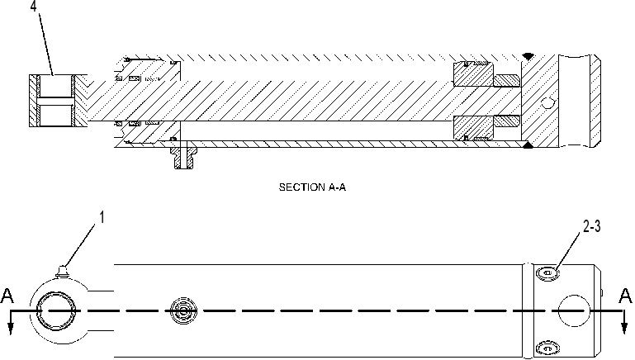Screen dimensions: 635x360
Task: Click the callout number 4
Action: pos(34,7)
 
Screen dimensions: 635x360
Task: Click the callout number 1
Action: pos(102,217)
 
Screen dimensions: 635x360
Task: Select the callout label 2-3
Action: pos(592,226)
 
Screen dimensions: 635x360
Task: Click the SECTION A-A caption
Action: pos(312,187)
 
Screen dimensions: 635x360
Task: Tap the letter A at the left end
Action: pos(7,296)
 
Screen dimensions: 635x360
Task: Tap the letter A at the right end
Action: pos(625,296)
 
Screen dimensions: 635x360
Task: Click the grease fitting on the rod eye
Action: pos(62,272)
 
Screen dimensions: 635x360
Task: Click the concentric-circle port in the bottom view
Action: pos(183,311)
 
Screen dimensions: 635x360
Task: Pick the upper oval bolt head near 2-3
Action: pos(548,274)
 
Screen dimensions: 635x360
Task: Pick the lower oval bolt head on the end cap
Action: pos(548,348)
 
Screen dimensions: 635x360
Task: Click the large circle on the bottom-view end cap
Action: pos(573,310)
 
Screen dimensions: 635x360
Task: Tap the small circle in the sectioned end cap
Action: pos(548,104)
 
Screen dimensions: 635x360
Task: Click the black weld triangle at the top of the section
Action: pos(528,56)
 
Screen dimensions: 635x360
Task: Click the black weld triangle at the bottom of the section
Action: pos(528,144)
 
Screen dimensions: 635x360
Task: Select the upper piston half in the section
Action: pos(473,74)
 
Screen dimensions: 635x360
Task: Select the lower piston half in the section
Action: pos(473,128)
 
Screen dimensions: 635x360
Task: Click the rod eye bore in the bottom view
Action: pos(56,310)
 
